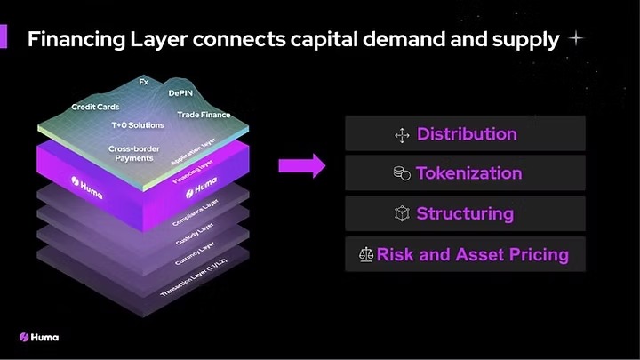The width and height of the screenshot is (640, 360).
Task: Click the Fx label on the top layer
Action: tap(143, 82)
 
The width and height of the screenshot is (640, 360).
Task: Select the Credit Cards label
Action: tap(95, 107)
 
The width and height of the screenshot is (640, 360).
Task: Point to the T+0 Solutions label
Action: tap(138, 125)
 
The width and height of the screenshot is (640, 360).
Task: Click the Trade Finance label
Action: tap(204, 115)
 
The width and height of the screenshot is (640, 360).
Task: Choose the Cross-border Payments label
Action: tap(133, 153)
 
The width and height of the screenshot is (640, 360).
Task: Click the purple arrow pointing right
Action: tap(302, 165)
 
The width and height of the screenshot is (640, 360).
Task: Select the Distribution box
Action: tap(465, 134)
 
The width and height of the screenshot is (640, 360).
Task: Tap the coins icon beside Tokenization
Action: tap(402, 174)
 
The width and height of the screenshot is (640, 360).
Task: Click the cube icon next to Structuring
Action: tap(401, 214)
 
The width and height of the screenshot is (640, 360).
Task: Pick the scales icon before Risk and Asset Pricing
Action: tap(365, 255)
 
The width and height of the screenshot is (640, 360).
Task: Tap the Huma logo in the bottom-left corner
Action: tap(39, 337)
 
